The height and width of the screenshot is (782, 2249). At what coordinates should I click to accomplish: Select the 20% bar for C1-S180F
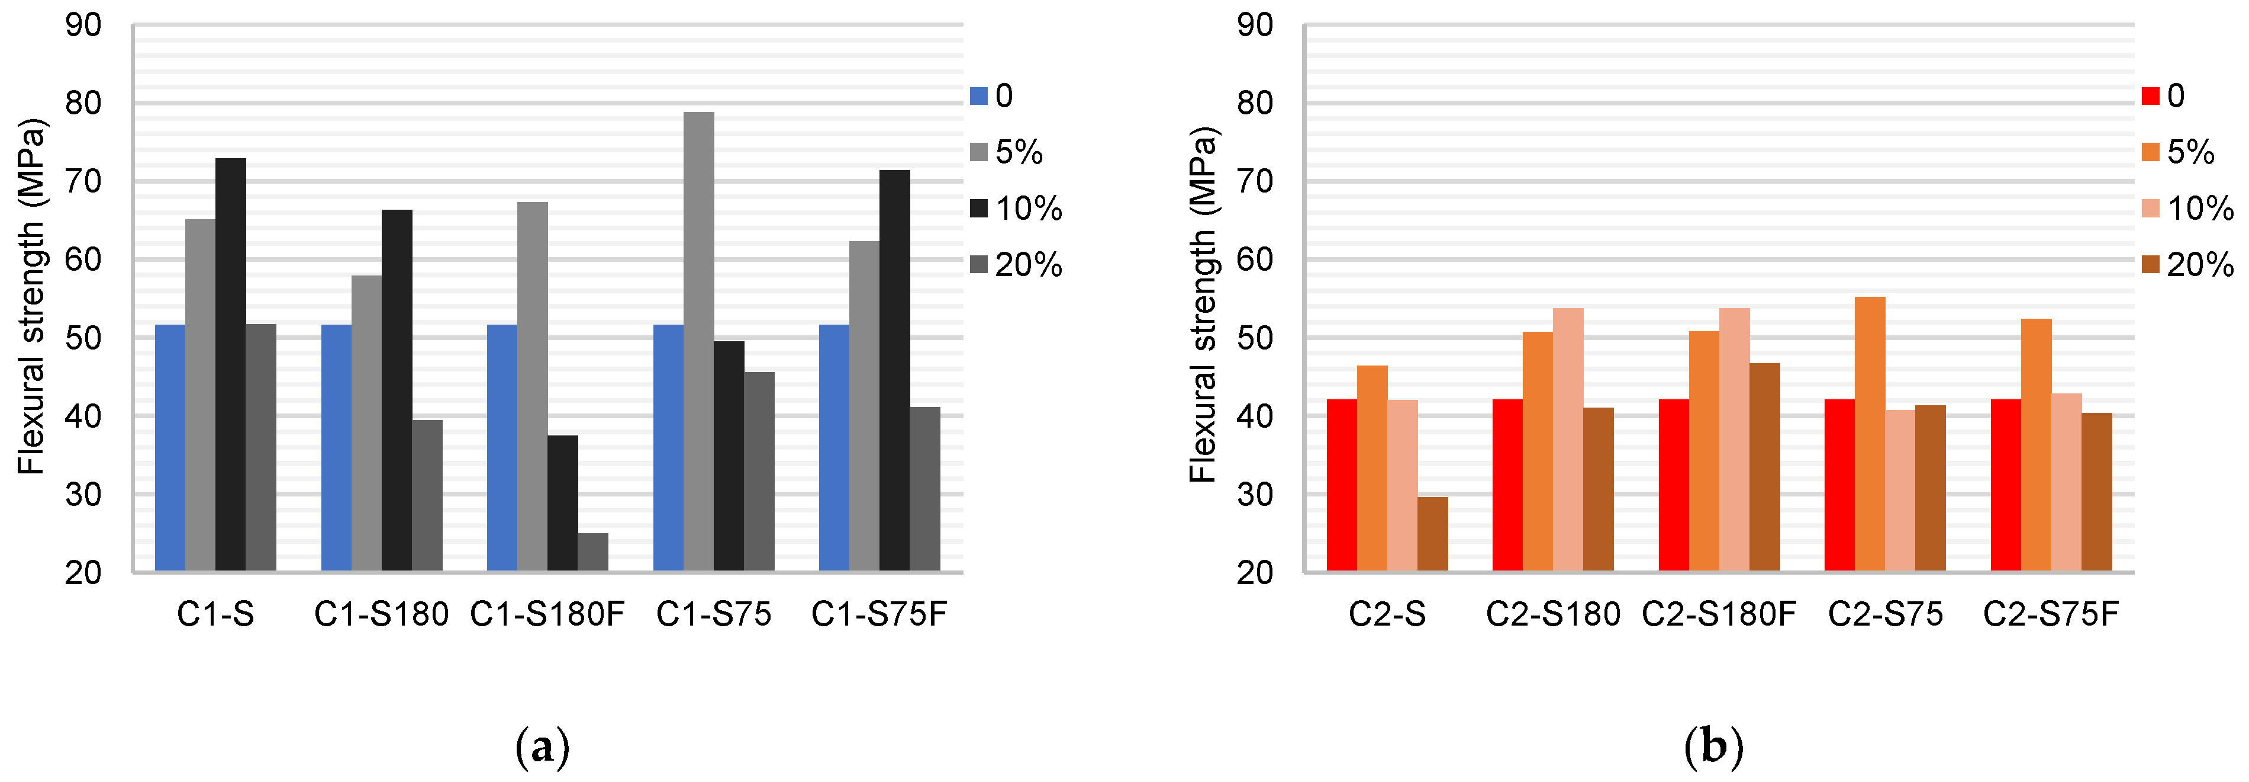[x=593, y=552]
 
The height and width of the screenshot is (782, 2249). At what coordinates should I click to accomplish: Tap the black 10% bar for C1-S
[x=230, y=365]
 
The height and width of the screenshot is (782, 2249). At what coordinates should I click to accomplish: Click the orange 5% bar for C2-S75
[x=1870, y=434]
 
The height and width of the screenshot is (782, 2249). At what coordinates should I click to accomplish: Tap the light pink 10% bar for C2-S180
[x=1568, y=440]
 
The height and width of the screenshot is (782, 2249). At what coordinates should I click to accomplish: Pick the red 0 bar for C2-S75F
[x=2005, y=485]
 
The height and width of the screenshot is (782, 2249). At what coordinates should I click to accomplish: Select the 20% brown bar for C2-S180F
[x=1764, y=467]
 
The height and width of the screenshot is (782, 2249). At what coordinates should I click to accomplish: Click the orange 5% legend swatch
[x=2150, y=153]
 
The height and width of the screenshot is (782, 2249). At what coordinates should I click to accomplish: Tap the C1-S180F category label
[x=547, y=615]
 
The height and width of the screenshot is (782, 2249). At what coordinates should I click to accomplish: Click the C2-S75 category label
[x=1886, y=615]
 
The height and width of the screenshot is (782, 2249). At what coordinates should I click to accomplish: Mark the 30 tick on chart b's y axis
[x=1255, y=495]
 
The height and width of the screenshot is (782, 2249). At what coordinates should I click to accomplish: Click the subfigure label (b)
[x=1713, y=748]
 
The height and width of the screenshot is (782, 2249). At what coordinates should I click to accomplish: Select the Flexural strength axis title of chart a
[x=33, y=297]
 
